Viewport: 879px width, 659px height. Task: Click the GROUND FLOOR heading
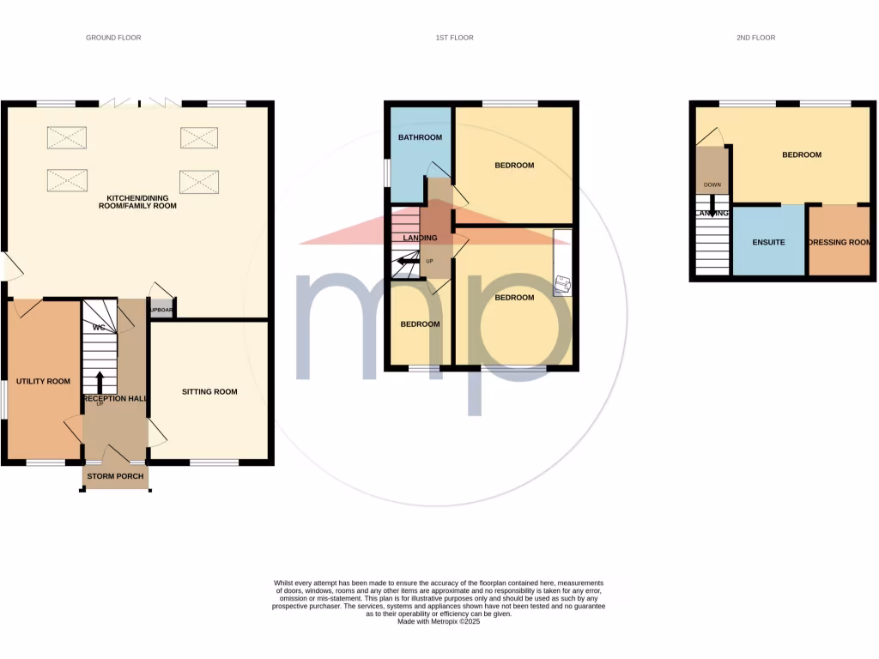[x=113, y=38]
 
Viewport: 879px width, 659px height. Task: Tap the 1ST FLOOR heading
[x=454, y=38]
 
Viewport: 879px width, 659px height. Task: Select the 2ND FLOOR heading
[x=756, y=38]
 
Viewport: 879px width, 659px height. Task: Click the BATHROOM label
[x=420, y=138]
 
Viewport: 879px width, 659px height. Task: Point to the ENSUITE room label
[x=768, y=243]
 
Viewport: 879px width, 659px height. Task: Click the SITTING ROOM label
[x=209, y=392]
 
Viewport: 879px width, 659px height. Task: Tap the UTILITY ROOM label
[x=43, y=381]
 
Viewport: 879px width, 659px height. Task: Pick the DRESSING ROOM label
[x=840, y=243]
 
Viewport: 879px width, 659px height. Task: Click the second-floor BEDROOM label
[x=801, y=155]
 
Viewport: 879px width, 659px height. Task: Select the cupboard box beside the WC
[x=161, y=311]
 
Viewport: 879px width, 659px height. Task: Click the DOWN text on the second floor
[x=712, y=184]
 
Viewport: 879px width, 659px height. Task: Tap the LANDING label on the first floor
[x=420, y=238]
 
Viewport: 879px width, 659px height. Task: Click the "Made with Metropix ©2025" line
[x=439, y=621]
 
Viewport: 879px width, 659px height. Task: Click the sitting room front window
[x=214, y=463]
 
